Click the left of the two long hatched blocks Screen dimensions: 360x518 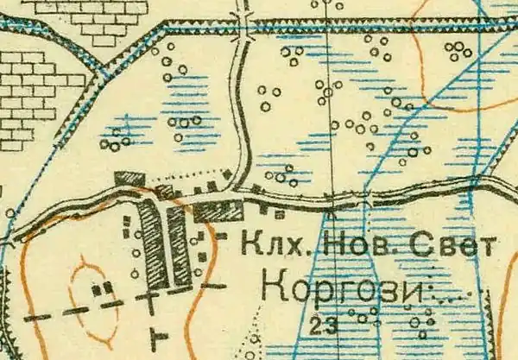click(x=150, y=245)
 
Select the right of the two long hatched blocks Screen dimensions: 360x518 click(x=179, y=247)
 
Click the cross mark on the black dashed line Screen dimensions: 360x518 click(x=152, y=303)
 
